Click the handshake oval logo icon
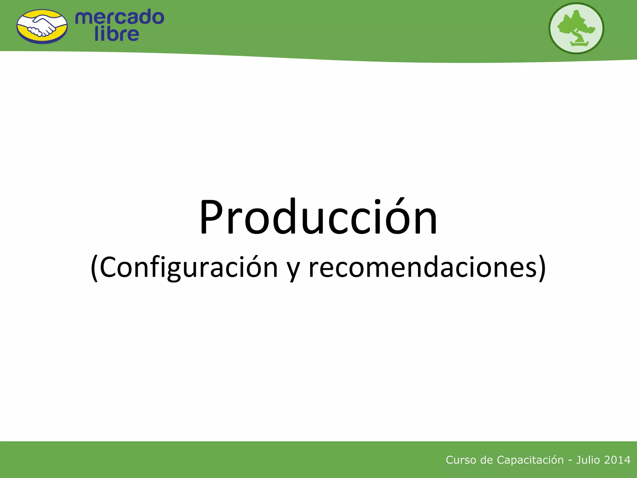(42, 26)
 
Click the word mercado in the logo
(119, 17)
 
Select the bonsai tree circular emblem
(576, 28)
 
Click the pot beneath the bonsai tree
(579, 44)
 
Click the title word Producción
(318, 217)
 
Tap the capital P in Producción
(212, 217)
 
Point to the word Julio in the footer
(588, 460)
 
